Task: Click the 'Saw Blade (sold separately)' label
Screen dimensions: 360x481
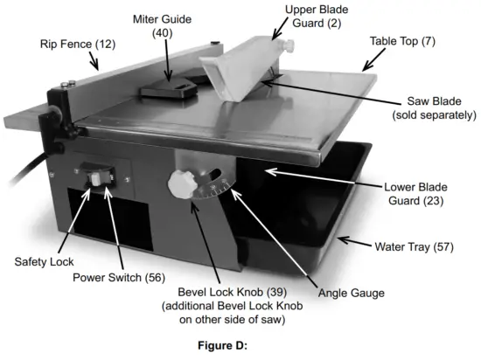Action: coord(434,107)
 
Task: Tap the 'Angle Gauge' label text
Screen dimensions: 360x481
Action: coord(351,293)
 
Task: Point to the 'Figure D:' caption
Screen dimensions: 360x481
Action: coord(240,345)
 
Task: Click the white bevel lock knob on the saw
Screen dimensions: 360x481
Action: coord(180,185)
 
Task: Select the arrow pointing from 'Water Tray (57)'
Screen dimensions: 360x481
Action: coord(352,242)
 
